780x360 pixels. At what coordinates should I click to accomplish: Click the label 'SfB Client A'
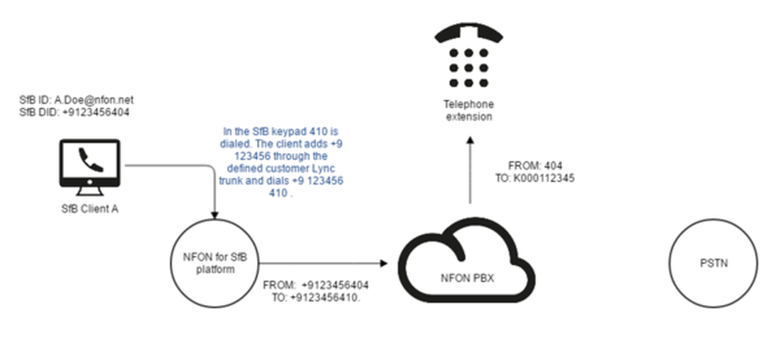[x=89, y=209]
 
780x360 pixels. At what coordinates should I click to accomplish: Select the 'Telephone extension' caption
[x=469, y=111]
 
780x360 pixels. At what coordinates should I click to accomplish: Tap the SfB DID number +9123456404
[x=96, y=113]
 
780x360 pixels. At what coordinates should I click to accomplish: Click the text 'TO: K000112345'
[x=535, y=178]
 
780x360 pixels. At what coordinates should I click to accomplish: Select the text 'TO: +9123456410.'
[x=315, y=298]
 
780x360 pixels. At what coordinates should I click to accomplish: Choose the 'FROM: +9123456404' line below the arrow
[x=316, y=286]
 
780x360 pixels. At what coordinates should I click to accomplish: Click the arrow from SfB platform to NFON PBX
[x=324, y=263]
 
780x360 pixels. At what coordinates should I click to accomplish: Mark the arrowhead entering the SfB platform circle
[x=215, y=216]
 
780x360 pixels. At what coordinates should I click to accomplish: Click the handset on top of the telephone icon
[x=469, y=34]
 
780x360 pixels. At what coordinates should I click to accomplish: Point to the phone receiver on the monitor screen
[x=90, y=160]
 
